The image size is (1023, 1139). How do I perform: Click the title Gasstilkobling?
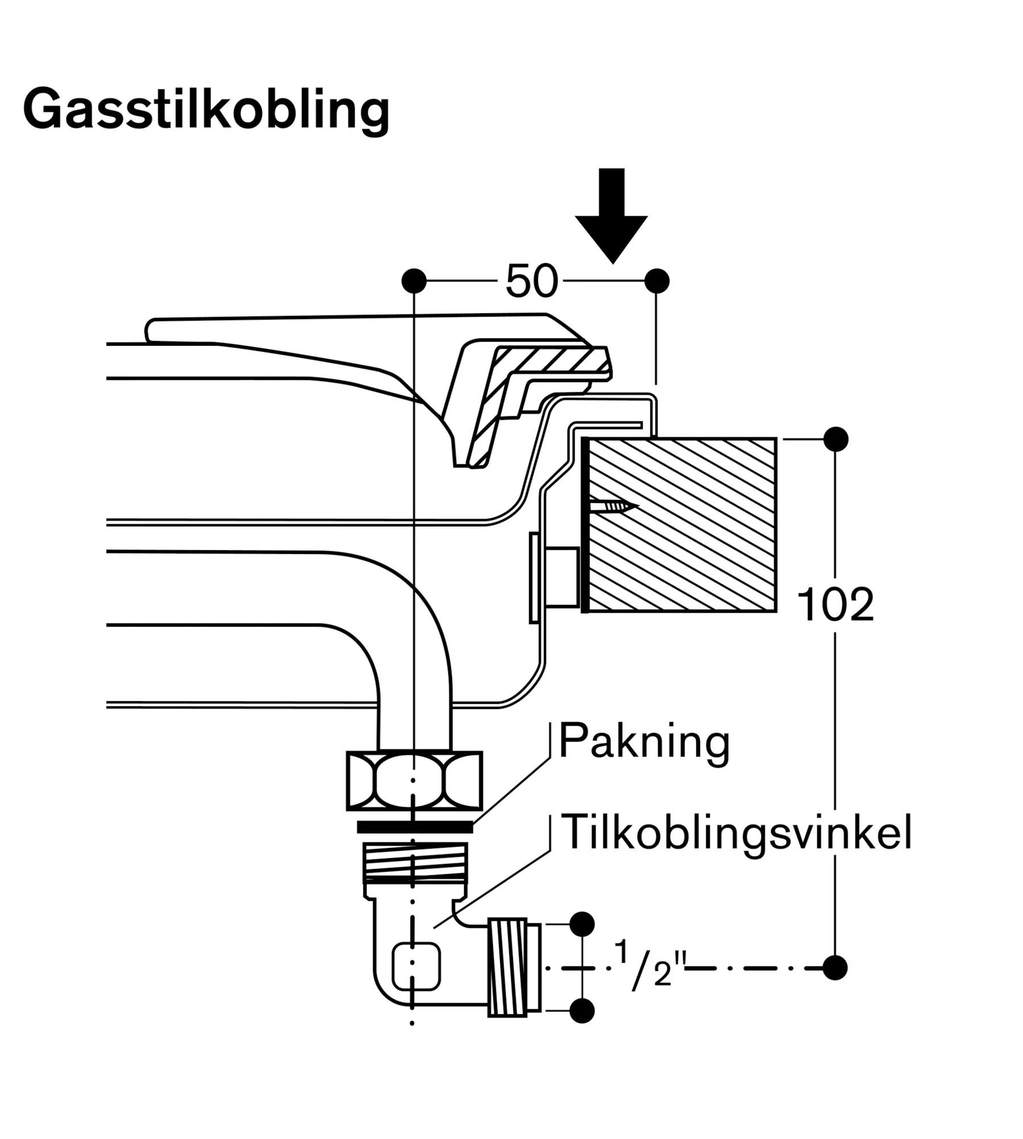(x=206, y=110)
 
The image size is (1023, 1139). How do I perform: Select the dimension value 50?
(x=531, y=281)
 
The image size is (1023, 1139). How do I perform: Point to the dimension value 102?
(x=835, y=605)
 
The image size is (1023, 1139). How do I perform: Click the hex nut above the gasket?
(x=414, y=781)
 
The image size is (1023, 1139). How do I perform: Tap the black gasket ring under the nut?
(x=414, y=826)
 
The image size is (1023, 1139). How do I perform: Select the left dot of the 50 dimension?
(x=414, y=281)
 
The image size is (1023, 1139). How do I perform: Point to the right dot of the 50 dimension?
(x=657, y=281)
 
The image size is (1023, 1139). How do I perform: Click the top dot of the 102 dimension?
(x=836, y=439)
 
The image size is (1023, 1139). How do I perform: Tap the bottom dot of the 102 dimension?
(x=835, y=968)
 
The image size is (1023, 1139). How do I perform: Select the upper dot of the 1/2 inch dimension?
(x=582, y=924)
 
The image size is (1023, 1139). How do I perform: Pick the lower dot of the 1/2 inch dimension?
(x=582, y=1011)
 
